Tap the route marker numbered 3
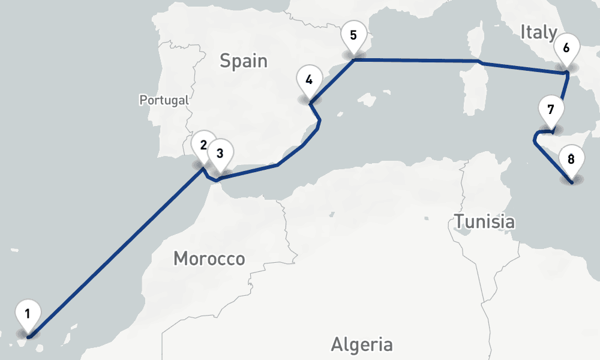tap(220, 153)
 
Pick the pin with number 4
tap(309, 80)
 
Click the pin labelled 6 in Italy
tap(566, 46)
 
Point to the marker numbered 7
tap(551, 110)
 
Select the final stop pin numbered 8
tap(571, 160)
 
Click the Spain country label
tap(243, 61)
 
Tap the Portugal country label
tap(164, 100)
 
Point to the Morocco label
tap(209, 259)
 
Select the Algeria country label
tap(362, 344)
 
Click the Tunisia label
tap(484, 221)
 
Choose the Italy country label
tap(538, 32)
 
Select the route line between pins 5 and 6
tap(420, 60)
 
